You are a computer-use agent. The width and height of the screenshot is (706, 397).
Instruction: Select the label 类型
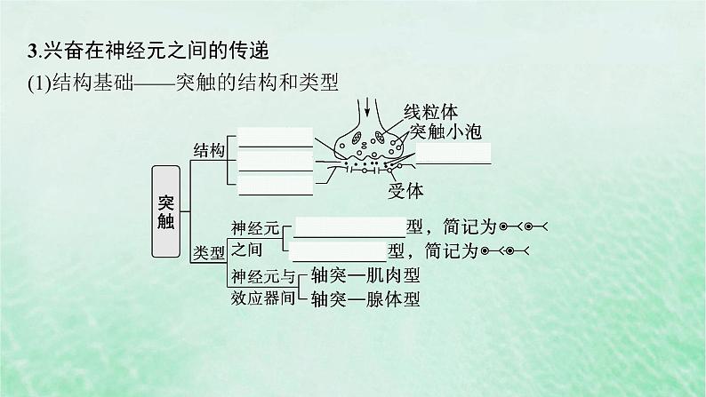point(208,252)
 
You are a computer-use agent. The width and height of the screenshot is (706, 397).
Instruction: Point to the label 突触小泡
point(446,132)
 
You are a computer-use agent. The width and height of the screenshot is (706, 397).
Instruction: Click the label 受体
point(405,189)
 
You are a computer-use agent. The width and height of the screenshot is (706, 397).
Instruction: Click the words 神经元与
point(261,275)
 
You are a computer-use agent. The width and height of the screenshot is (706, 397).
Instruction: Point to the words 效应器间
point(261,298)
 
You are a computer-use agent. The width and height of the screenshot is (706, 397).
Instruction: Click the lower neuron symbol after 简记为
point(504,252)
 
